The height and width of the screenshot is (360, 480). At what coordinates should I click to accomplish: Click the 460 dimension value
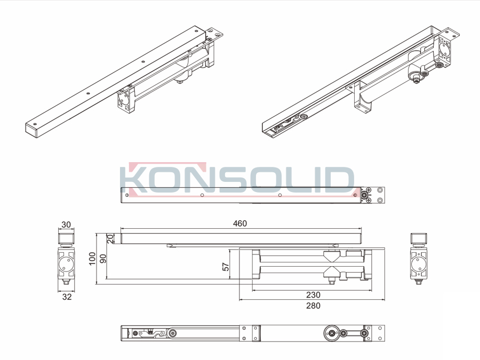[x=239, y=223]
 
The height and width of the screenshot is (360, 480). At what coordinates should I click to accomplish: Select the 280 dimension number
[x=313, y=306]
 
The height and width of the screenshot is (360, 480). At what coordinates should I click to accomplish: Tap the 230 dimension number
[x=313, y=295]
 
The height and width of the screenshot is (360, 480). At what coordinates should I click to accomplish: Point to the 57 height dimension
[x=226, y=266]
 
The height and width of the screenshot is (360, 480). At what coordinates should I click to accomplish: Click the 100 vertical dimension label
[x=92, y=259]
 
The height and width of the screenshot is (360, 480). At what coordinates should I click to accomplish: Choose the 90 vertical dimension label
[x=103, y=259]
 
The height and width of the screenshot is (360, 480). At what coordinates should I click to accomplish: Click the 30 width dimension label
[x=66, y=225]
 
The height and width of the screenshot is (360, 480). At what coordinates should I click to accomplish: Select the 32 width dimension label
[x=67, y=297]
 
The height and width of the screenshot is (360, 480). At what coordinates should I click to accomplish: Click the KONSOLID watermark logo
[x=237, y=179]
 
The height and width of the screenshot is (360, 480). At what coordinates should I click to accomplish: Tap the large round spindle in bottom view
[x=331, y=333]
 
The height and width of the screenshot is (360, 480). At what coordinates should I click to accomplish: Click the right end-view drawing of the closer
[x=419, y=259]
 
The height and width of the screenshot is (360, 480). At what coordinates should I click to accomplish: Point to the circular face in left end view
[x=67, y=264]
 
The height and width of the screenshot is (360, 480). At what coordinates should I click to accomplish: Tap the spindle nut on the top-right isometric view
[x=416, y=80]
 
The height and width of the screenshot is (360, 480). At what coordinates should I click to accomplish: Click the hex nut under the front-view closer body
[x=331, y=281]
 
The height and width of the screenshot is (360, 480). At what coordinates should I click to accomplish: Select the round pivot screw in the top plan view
[x=364, y=195]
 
